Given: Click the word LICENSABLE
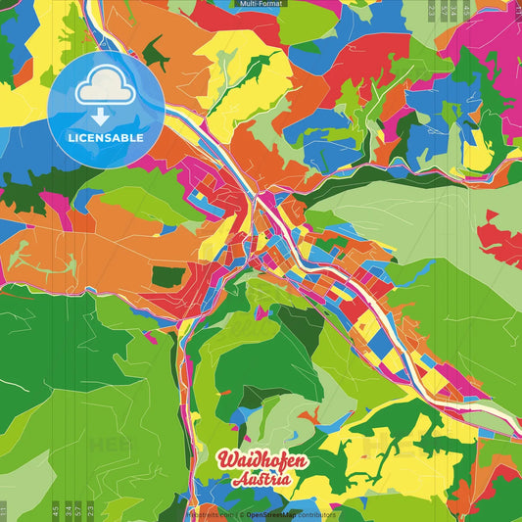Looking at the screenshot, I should [x=106, y=138].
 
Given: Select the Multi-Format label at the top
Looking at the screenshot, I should [x=260, y=5].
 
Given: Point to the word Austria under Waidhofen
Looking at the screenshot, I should [x=261, y=480].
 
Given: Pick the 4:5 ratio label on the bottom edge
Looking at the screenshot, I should [x=56, y=509].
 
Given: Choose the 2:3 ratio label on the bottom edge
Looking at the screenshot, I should [x=91, y=509].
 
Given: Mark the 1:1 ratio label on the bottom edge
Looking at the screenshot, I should [x=4, y=509].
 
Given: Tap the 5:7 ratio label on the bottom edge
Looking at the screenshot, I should [x=78, y=509].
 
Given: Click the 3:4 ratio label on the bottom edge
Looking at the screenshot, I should [x=67, y=509].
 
